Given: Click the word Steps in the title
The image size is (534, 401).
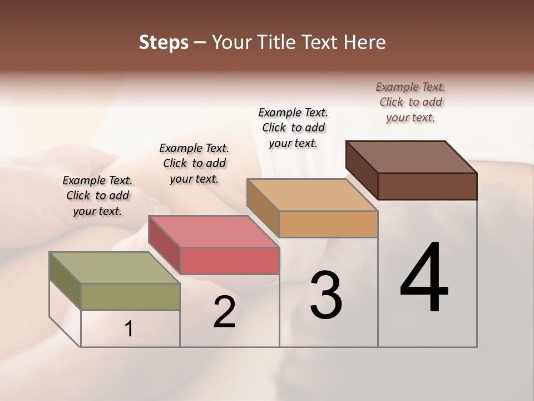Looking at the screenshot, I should tap(164, 43).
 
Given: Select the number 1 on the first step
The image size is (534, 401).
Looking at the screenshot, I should tap(129, 329).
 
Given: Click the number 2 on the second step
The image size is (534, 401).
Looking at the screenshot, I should tap(224, 313).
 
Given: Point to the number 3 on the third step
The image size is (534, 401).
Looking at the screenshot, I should tap(326, 296).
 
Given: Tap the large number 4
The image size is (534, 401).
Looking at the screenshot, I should tap(424, 278).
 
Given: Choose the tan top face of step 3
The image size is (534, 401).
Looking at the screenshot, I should tap(312, 195).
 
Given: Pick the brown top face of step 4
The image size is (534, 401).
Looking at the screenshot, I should tap(411, 157).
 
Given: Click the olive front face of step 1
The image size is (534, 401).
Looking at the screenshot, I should tap(130, 296).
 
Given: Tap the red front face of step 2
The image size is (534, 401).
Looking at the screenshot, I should tap(229, 261).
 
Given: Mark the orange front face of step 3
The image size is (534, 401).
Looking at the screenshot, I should tap(328, 224).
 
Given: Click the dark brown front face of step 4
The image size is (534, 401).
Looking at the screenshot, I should tap(427, 186).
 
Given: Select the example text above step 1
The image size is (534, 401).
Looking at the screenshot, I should tap(97, 195).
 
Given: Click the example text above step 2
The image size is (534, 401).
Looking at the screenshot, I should tap(194, 163).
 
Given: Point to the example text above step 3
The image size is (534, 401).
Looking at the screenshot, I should tap(293, 128).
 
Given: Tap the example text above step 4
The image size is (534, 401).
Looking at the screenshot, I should tap(411, 102).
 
